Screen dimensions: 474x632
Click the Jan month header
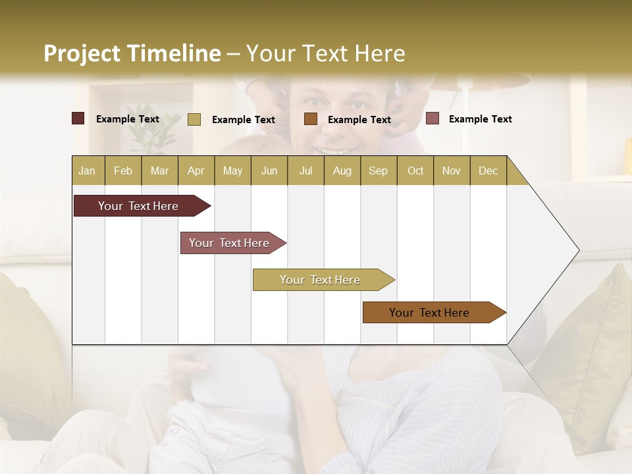[87, 171]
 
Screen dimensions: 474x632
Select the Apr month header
[196, 171]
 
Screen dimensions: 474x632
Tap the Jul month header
[305, 171]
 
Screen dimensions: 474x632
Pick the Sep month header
[378, 171]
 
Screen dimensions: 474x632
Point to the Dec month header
[488, 171]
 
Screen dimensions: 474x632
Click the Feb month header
[123, 171]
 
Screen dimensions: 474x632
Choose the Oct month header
[415, 171]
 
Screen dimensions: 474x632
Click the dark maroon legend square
[78, 118]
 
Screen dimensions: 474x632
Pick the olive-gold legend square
[194, 119]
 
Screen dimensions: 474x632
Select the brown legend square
[311, 118]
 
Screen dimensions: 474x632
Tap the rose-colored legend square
[432, 118]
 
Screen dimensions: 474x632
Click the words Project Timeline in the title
[132, 53]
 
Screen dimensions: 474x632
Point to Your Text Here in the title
[326, 53]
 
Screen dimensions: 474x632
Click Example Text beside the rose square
[480, 119]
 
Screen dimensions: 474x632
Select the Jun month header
[269, 171]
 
